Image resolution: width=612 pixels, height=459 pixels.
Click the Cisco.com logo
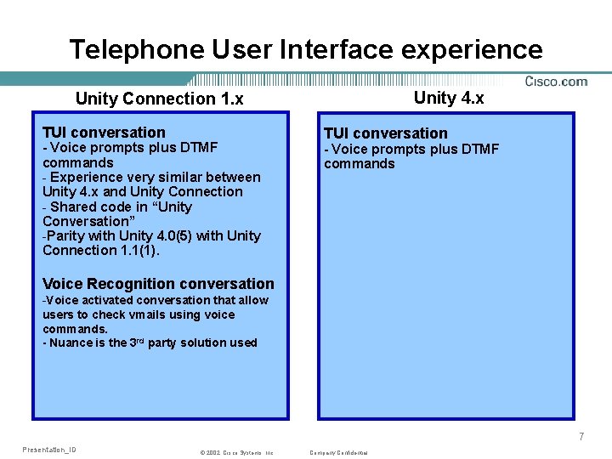point(556,82)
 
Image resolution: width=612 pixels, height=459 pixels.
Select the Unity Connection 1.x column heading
point(159,99)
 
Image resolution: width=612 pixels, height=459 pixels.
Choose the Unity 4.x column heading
point(449,98)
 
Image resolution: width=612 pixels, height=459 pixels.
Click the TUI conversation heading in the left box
point(104,133)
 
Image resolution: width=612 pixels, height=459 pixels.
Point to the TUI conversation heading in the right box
point(385,133)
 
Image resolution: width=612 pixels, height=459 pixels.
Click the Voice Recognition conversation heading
point(158,284)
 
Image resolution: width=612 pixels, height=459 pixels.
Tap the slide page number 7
point(581,437)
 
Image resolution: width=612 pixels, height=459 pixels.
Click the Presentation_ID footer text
point(49,450)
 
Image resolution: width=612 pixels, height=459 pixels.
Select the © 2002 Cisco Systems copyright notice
point(236,453)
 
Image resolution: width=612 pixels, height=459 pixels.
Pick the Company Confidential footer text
point(339,453)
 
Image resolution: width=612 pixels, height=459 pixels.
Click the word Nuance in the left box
point(73,343)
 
